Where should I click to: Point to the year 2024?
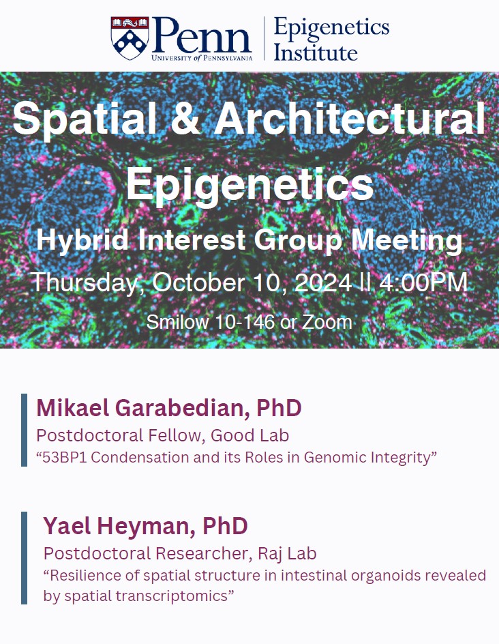point(323,282)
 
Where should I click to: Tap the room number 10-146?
point(234,322)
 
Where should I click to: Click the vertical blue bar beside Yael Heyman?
point(25,557)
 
